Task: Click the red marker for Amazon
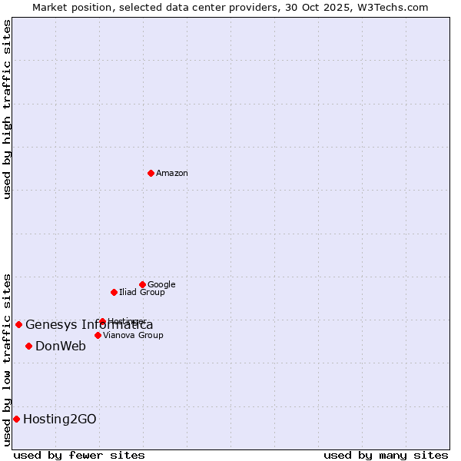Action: click(151, 173)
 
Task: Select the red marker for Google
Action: click(142, 284)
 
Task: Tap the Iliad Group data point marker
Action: click(114, 292)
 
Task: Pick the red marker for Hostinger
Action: click(102, 321)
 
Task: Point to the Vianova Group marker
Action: click(98, 335)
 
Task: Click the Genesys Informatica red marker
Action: click(18, 324)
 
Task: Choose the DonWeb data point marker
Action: click(28, 346)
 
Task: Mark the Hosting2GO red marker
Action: click(16, 419)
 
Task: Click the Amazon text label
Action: click(172, 174)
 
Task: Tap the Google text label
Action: click(161, 285)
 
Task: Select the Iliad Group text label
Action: click(142, 293)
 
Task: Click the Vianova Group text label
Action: click(133, 336)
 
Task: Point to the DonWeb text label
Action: click(61, 347)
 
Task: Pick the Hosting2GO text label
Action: click(60, 420)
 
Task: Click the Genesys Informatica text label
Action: click(89, 325)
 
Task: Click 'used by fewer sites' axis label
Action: click(79, 455)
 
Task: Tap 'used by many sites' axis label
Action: click(386, 455)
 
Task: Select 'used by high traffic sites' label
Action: click(7, 109)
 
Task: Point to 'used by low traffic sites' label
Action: click(7, 360)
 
